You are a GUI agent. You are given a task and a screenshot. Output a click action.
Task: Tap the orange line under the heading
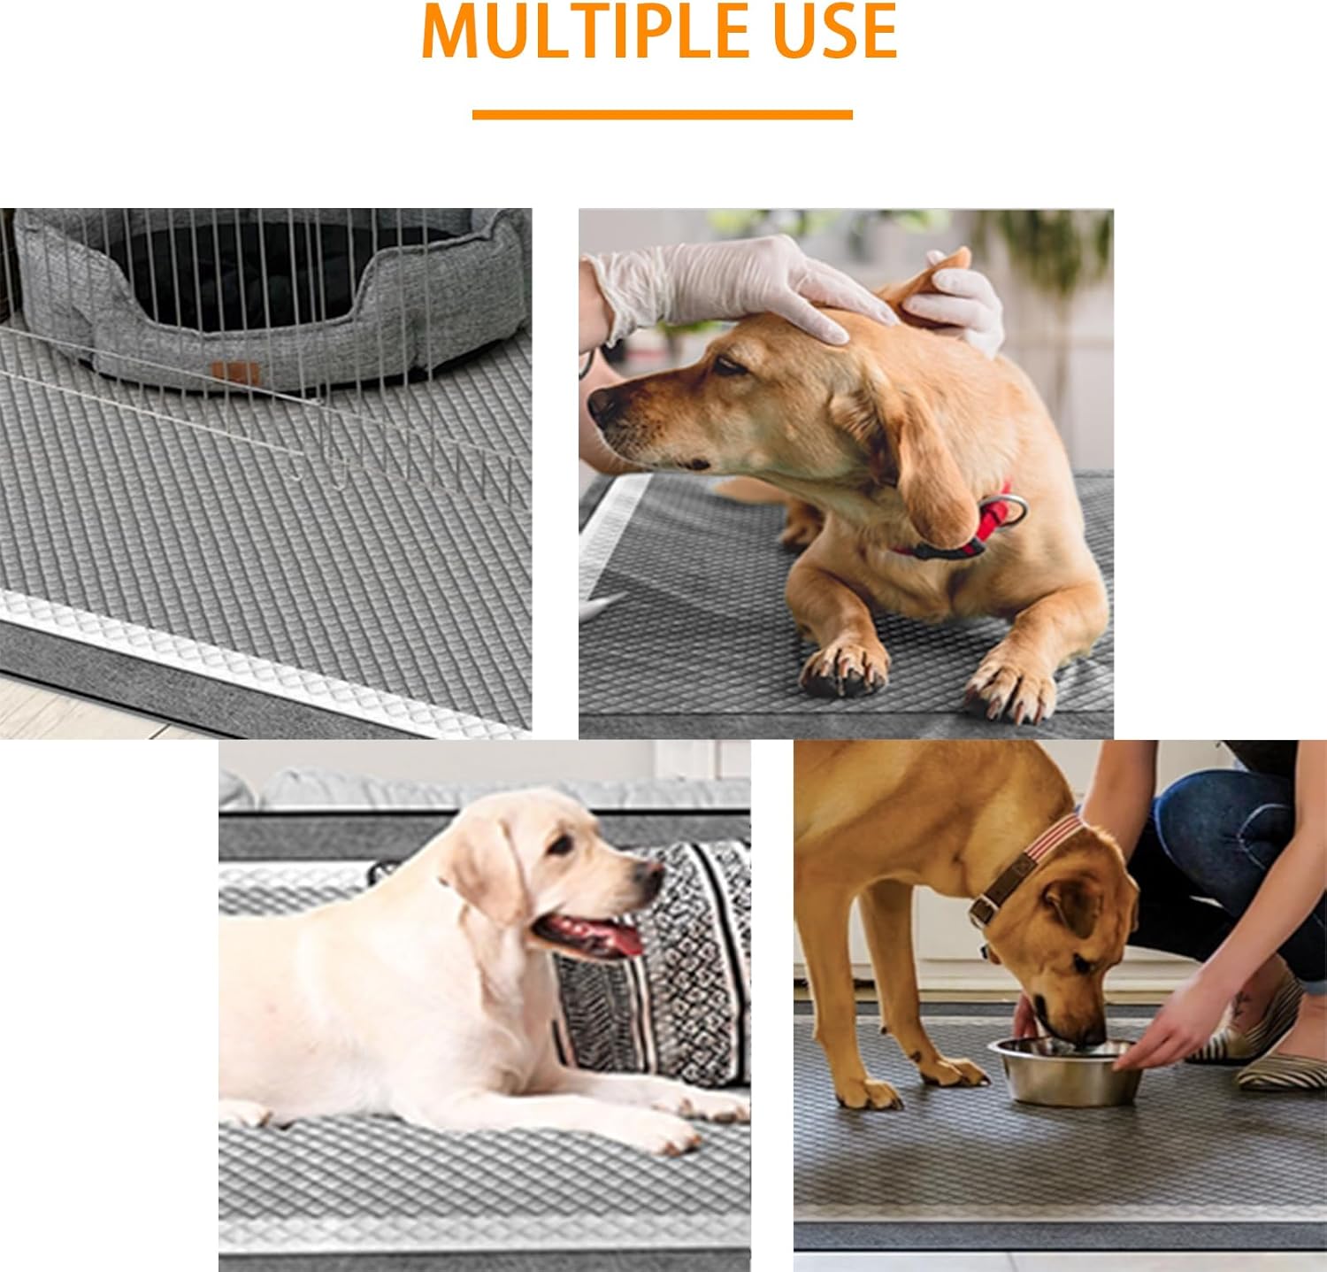[662, 114]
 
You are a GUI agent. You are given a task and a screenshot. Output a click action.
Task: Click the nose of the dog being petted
[602, 405]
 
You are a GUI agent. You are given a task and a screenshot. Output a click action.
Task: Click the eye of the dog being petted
[727, 365]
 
